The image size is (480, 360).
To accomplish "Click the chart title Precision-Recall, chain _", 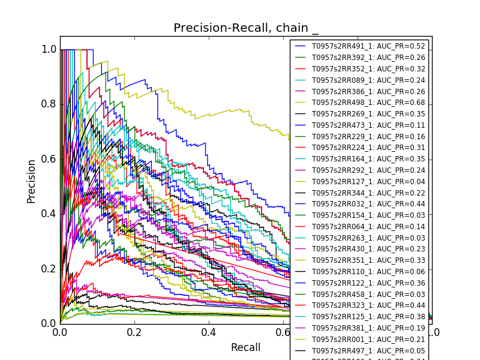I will click(x=246, y=28).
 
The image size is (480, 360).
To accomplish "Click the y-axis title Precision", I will click(x=31, y=181).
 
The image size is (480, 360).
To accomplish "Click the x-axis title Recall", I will click(x=246, y=347).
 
